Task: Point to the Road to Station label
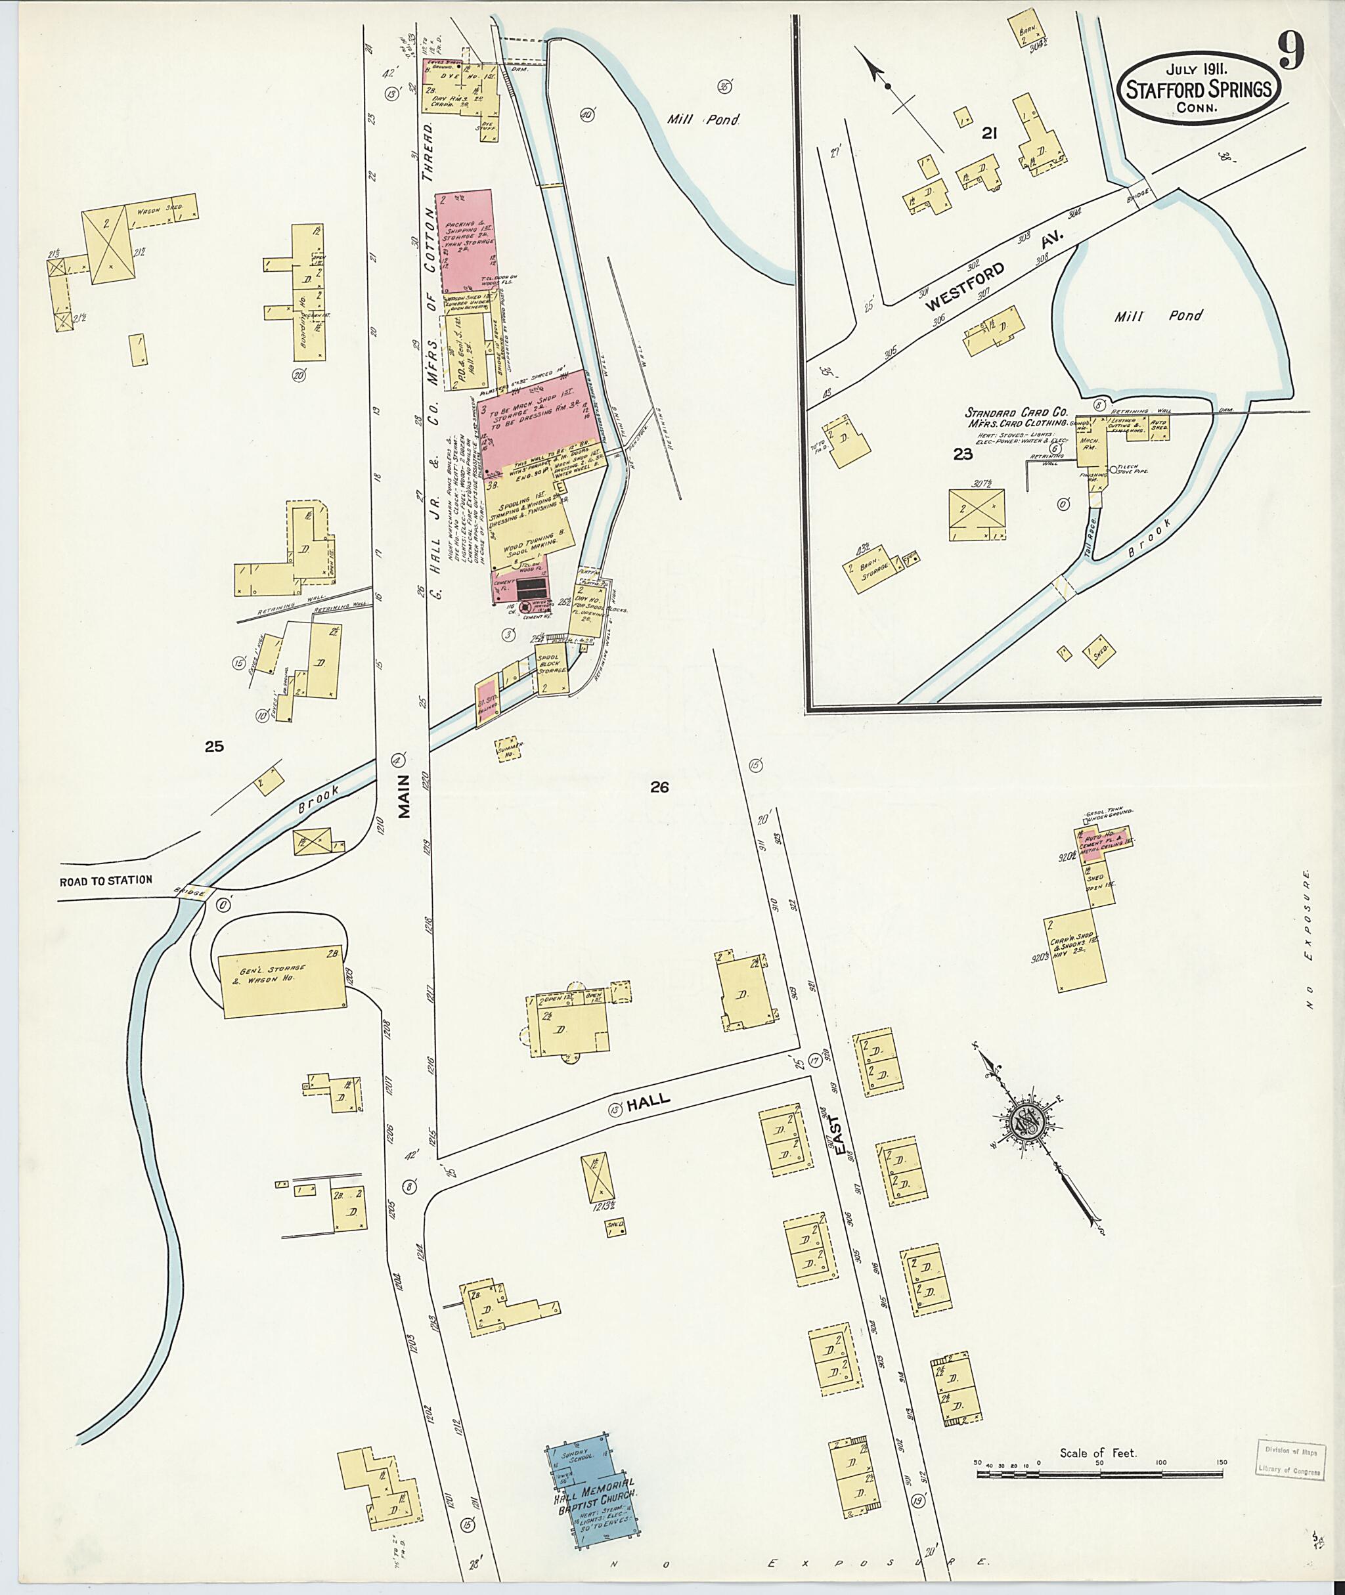tap(106, 880)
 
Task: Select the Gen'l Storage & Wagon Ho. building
tap(282, 985)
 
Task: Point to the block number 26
tap(659, 787)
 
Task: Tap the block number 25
tap(214, 747)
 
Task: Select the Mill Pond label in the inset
tap(1158, 316)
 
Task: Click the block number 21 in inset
tap(989, 134)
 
